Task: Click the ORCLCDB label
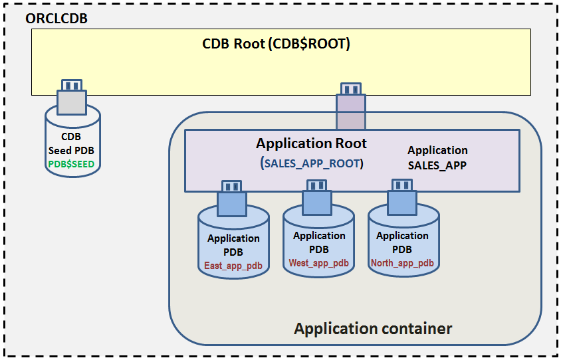tap(56, 18)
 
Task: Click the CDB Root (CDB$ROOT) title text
tap(276, 45)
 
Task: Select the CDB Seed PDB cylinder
tap(73, 143)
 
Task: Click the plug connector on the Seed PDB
tap(72, 97)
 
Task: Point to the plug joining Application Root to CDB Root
tap(350, 106)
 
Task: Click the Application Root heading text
tap(311, 143)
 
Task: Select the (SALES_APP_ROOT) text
tap(311, 163)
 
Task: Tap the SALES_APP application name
tap(437, 165)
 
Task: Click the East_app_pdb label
tap(233, 266)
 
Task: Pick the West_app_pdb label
tap(319, 263)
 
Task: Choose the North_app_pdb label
tap(402, 263)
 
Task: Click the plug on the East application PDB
tap(232, 198)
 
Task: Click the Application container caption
tap(373, 329)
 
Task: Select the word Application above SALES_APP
tap(437, 150)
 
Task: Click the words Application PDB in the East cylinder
tap(233, 245)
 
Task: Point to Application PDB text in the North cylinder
tap(402, 242)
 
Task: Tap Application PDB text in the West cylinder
tap(319, 242)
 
